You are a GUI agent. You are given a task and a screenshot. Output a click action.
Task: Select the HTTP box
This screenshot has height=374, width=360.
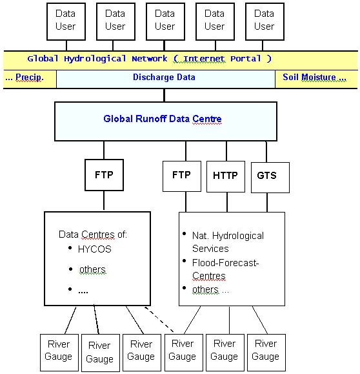[225, 176]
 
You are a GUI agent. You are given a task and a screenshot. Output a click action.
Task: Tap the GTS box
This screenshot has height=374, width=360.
[267, 176]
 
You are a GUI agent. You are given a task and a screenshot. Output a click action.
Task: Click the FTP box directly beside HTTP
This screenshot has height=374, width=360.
[182, 176]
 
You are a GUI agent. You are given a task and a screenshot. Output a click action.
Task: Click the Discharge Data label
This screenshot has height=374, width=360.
[164, 78]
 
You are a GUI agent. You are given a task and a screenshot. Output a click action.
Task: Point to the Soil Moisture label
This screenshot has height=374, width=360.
[315, 78]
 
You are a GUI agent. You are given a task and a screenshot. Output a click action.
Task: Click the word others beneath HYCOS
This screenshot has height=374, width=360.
[92, 269]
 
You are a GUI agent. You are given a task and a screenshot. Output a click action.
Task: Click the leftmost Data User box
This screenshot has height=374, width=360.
[66, 20]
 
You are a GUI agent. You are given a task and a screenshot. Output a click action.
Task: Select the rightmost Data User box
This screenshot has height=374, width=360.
[264, 20]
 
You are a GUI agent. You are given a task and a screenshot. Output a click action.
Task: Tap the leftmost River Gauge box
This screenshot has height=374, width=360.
[59, 351]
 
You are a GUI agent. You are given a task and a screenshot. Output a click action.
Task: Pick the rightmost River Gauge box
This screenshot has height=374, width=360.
[265, 351]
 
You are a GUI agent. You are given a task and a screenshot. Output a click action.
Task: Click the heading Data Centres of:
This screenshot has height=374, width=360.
[93, 234]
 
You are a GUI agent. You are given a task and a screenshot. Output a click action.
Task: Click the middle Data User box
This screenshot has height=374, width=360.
[165, 20]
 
